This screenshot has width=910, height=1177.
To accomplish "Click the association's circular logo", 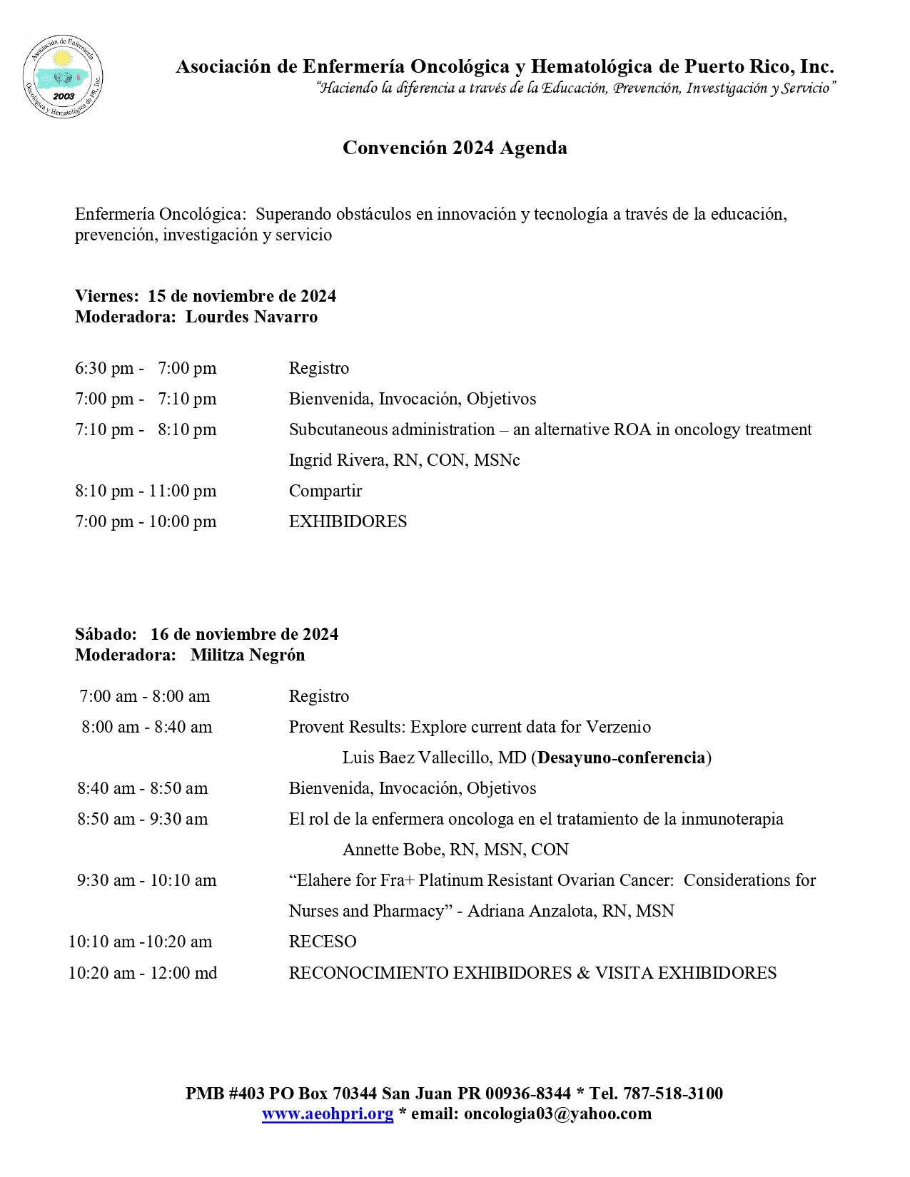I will pos(63,76).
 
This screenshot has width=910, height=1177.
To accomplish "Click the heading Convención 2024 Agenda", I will pos(455,148).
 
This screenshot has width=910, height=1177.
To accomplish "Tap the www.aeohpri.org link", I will pos(328,1114).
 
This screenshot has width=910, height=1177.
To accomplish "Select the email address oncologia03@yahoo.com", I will pos(557,1114).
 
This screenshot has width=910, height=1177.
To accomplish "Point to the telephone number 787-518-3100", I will pos(673,1093).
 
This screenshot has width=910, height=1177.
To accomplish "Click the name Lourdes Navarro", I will pos(251,317).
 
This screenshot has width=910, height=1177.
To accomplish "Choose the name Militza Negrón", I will pos(248,655).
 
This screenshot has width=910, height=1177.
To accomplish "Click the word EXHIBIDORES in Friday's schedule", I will pos(348,521).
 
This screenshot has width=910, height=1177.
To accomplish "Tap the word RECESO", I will pos(323,942).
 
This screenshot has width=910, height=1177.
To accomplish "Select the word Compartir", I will pos(325,491).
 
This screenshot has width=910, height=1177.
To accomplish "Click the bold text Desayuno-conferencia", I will pos(621,758).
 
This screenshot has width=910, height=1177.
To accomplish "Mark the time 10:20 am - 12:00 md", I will pos(143,973).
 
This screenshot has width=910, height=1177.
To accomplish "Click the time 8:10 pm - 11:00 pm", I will pos(146,491).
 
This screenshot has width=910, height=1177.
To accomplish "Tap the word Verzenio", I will pos(618,727).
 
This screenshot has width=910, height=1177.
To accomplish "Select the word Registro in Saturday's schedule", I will pos(319,696).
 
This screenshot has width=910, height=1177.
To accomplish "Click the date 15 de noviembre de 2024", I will pos(242,296).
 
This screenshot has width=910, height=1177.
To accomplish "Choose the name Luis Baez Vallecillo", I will pos(434,758).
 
